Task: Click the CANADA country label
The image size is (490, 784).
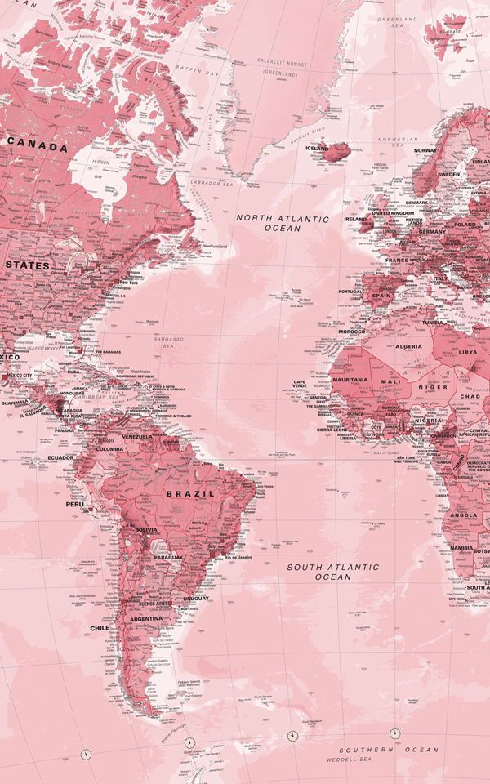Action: [x=38, y=148]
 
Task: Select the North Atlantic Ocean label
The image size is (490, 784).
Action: [x=282, y=224]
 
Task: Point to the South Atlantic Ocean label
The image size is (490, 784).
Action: [x=332, y=571]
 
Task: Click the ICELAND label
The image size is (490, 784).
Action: [x=317, y=149]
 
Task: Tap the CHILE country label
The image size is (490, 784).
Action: [x=100, y=628]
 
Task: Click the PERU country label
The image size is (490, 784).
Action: [x=75, y=504]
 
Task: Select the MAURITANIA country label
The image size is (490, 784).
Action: [x=350, y=381]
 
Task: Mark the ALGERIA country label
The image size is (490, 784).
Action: [x=408, y=346]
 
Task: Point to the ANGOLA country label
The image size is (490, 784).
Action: [x=464, y=515]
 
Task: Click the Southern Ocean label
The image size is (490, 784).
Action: [x=390, y=750]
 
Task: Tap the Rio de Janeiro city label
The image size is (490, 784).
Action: [x=237, y=557]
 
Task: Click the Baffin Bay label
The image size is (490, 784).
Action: [x=203, y=74]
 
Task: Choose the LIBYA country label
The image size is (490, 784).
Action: [x=467, y=352]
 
